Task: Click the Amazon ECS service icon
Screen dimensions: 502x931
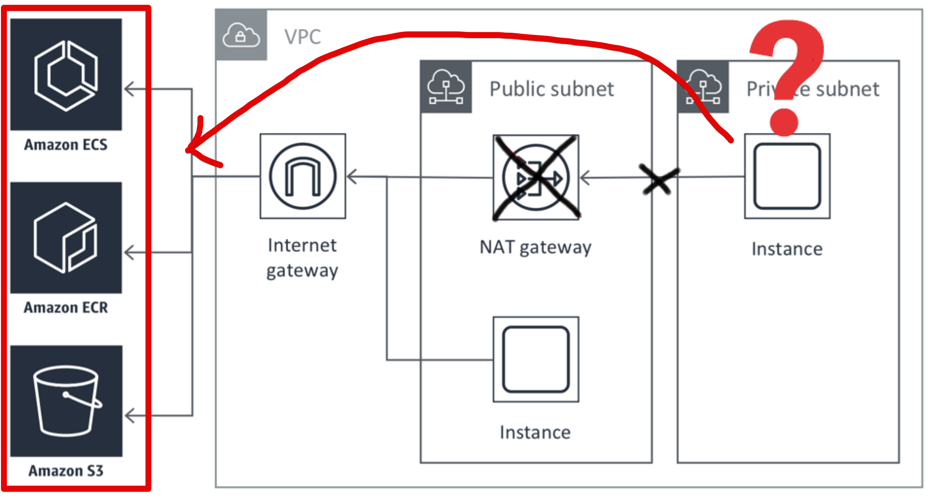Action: coord(66,75)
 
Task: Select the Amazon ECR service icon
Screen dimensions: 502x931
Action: coord(66,238)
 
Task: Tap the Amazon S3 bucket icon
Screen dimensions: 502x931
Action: coord(66,401)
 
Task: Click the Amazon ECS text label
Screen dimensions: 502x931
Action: coord(66,145)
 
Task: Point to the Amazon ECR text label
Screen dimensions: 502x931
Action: coord(66,308)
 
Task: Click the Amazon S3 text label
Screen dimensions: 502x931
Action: coord(66,471)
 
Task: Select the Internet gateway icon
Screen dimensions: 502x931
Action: coord(303,176)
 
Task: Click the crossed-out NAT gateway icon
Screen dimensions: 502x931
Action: coord(536,177)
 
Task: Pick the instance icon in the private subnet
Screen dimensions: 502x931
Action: coord(787,176)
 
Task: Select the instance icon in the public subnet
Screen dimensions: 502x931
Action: coord(536,360)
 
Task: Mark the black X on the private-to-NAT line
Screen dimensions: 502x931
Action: coord(658,179)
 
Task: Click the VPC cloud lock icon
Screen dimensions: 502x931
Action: coord(241,35)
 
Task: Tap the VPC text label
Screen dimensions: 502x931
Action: coord(302,37)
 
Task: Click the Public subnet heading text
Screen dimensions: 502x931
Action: coord(551,89)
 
